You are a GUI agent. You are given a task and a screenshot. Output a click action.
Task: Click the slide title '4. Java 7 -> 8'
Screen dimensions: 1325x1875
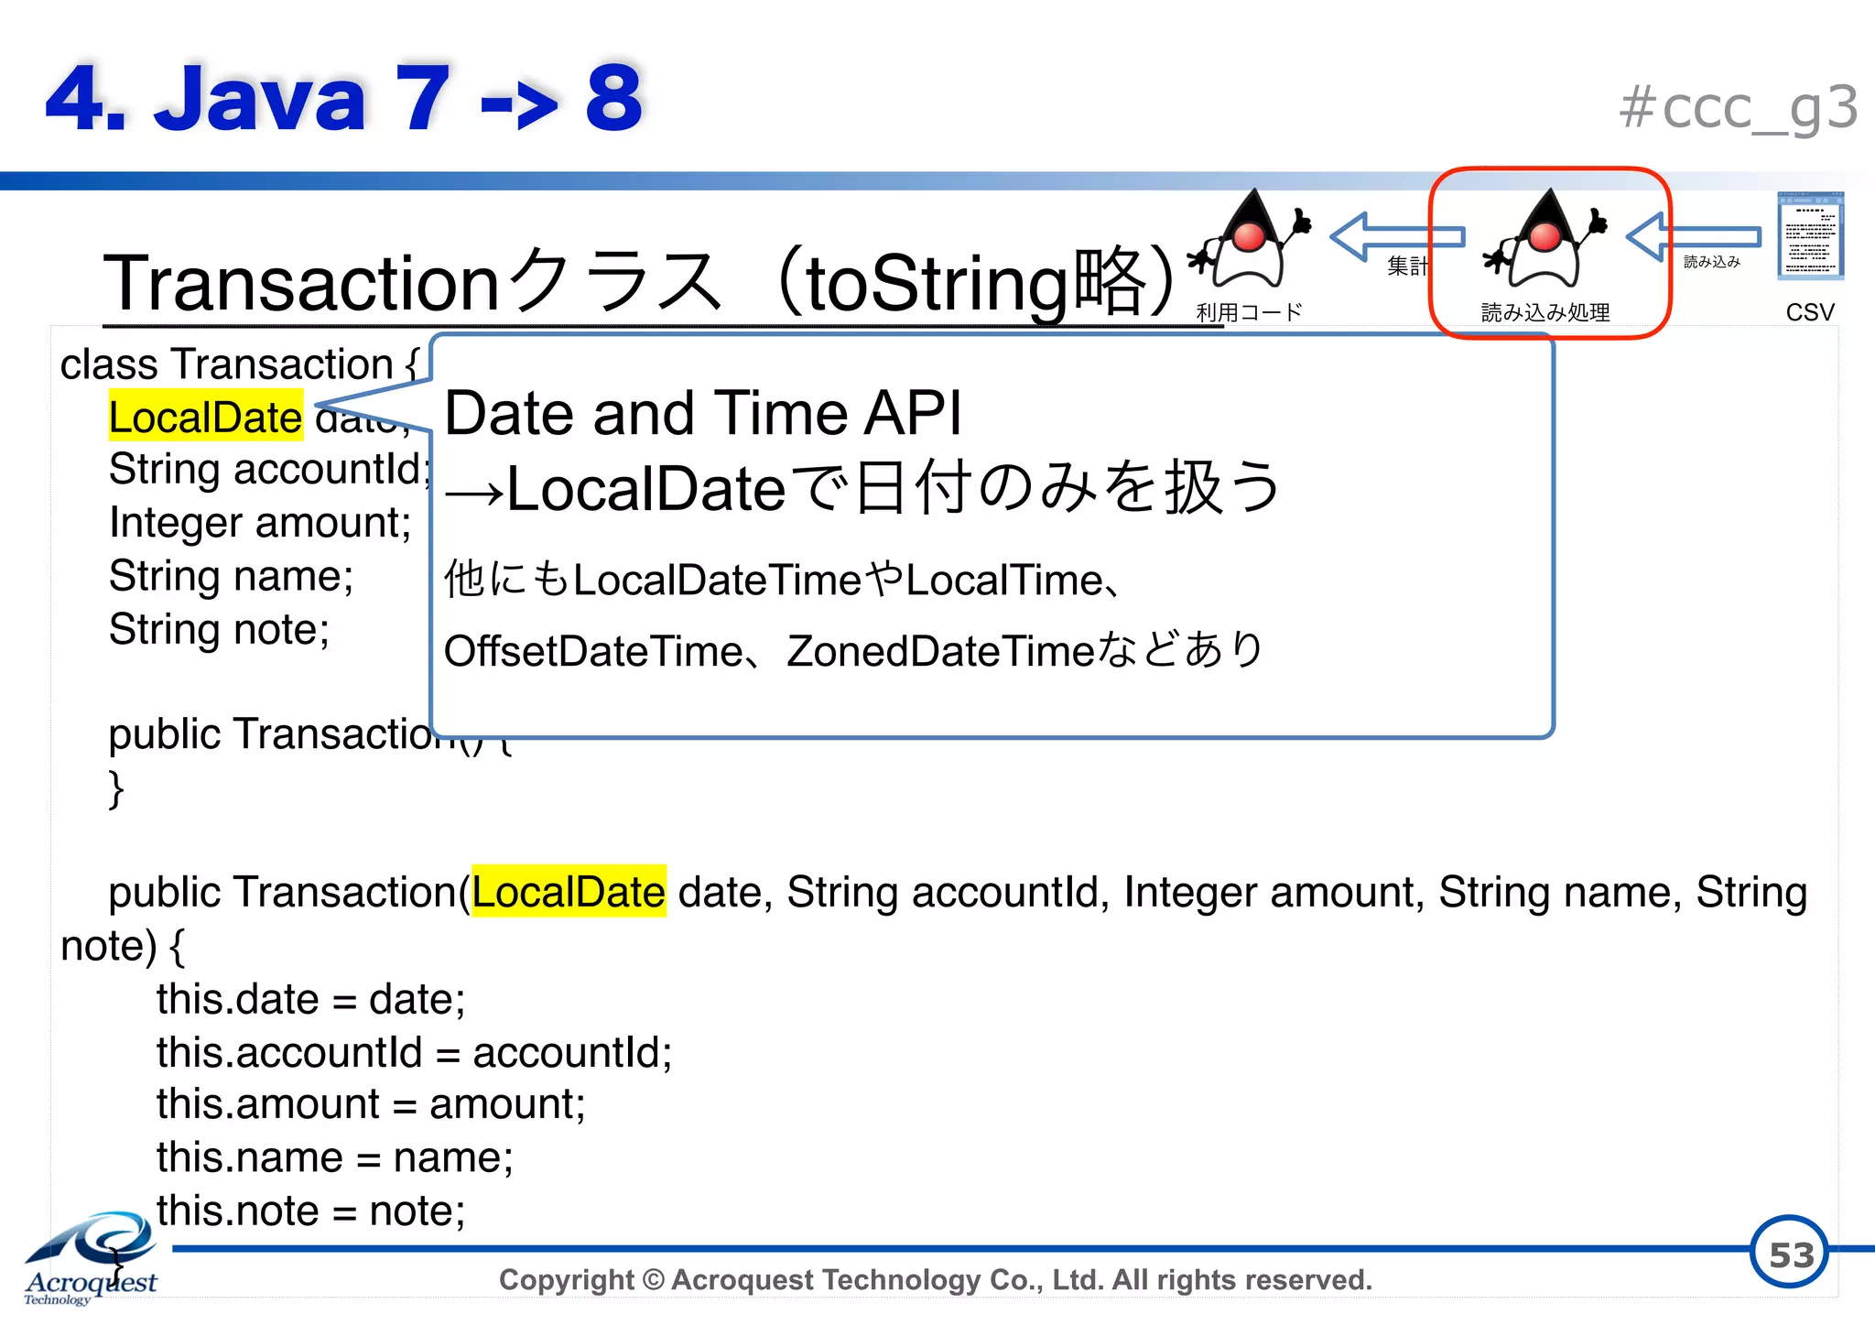click(x=343, y=98)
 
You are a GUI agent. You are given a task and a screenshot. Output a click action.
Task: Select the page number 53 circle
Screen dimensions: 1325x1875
click(x=1789, y=1254)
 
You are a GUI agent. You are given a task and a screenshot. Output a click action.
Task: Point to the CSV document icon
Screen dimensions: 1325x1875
click(x=1809, y=236)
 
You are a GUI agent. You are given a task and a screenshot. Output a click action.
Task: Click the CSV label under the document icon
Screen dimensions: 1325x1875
click(x=1809, y=312)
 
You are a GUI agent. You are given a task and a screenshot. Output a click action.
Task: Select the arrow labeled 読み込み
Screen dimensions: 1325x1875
click(x=1694, y=237)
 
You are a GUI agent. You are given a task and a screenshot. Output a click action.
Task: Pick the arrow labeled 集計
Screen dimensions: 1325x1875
click(x=1396, y=237)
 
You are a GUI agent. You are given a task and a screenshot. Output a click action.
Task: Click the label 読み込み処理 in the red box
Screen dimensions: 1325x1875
click(x=1545, y=312)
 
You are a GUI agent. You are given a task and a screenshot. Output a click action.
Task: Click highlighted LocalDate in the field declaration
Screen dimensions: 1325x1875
click(x=205, y=417)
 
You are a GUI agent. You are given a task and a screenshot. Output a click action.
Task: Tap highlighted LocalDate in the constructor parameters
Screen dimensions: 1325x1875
click(x=569, y=891)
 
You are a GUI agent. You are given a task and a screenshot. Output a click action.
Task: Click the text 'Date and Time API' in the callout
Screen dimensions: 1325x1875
click(x=702, y=413)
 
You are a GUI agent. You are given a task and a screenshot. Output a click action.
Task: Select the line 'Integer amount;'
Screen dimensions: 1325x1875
click(x=260, y=523)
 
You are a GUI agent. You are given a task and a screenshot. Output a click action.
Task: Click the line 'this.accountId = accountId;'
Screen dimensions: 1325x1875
click(x=414, y=1052)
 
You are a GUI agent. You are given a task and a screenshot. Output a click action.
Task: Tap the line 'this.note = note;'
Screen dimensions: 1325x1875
click(x=310, y=1211)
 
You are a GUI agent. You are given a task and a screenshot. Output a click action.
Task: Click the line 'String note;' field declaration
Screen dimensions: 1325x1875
click(x=219, y=630)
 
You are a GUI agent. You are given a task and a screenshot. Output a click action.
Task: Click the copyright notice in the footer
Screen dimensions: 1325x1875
click(x=935, y=1279)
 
